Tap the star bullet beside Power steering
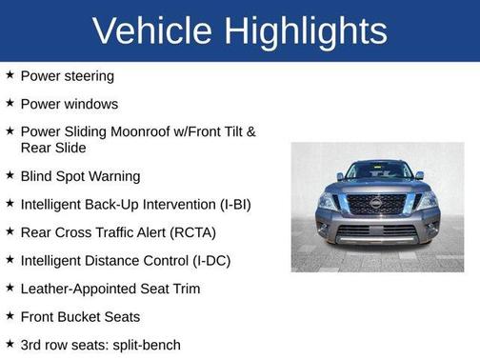[x=10, y=75]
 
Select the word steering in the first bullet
[x=89, y=75]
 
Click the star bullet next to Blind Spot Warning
[x=10, y=176]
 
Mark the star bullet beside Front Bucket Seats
[x=10, y=316]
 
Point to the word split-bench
[x=143, y=344]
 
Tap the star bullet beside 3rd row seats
[x=10, y=344]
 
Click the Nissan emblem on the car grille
[x=376, y=203]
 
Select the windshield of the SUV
[x=377, y=172]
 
